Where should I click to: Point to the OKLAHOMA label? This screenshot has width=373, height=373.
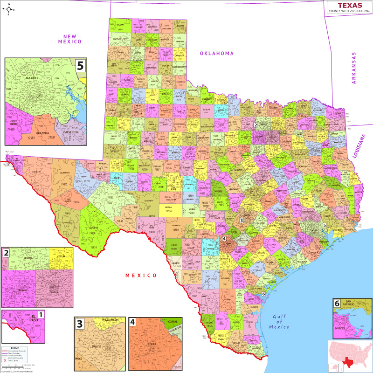pyautogui.click(x=217, y=53)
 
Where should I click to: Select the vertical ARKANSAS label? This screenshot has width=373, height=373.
pyautogui.click(x=353, y=68)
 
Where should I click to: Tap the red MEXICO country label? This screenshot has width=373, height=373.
pyautogui.click(x=141, y=276)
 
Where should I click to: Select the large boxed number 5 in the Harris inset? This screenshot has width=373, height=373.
pyautogui.click(x=81, y=65)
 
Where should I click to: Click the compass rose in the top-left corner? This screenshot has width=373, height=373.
pyautogui.click(x=9, y=9)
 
